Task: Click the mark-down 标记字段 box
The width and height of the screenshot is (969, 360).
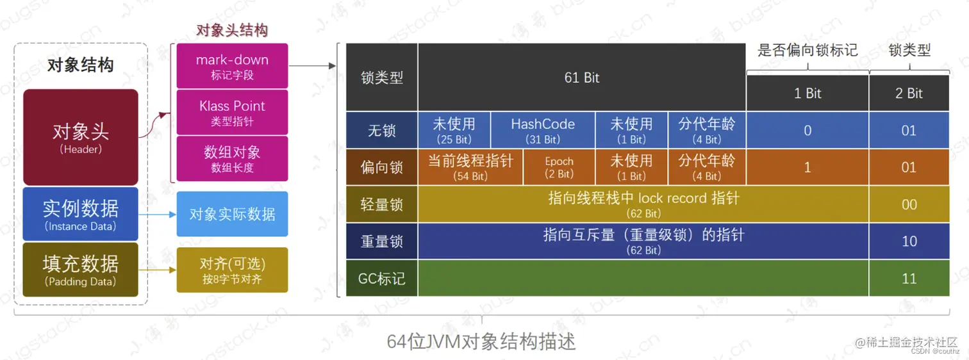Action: click(232, 66)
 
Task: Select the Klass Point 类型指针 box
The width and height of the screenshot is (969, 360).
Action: click(232, 112)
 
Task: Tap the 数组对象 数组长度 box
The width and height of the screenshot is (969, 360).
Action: click(232, 158)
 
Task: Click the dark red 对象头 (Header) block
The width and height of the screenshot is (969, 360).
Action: click(81, 137)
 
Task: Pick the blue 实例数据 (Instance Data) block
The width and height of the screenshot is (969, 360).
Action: click(81, 214)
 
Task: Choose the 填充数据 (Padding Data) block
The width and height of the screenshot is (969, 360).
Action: click(81, 269)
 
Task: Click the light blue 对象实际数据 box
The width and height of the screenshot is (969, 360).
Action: click(232, 214)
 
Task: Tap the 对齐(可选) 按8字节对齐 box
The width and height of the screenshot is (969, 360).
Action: click(232, 270)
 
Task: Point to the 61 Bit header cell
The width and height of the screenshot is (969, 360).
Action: click(582, 78)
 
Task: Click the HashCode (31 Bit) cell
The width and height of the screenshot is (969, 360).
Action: click(543, 130)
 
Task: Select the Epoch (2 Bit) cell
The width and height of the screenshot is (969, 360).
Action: click(559, 167)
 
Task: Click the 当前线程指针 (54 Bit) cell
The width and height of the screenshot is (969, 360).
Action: click(470, 167)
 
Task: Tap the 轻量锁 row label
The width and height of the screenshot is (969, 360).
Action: click(382, 204)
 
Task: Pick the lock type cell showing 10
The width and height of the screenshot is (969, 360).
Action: click(909, 241)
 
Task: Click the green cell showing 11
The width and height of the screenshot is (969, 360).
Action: click(909, 278)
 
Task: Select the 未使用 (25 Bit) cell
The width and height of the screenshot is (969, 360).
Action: click(454, 130)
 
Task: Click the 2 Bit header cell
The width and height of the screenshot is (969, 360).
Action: click(909, 94)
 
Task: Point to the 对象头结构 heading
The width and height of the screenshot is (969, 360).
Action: click(231, 30)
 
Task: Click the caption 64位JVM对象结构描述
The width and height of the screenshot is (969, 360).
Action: click(481, 341)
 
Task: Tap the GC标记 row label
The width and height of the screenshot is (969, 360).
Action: click(382, 279)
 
